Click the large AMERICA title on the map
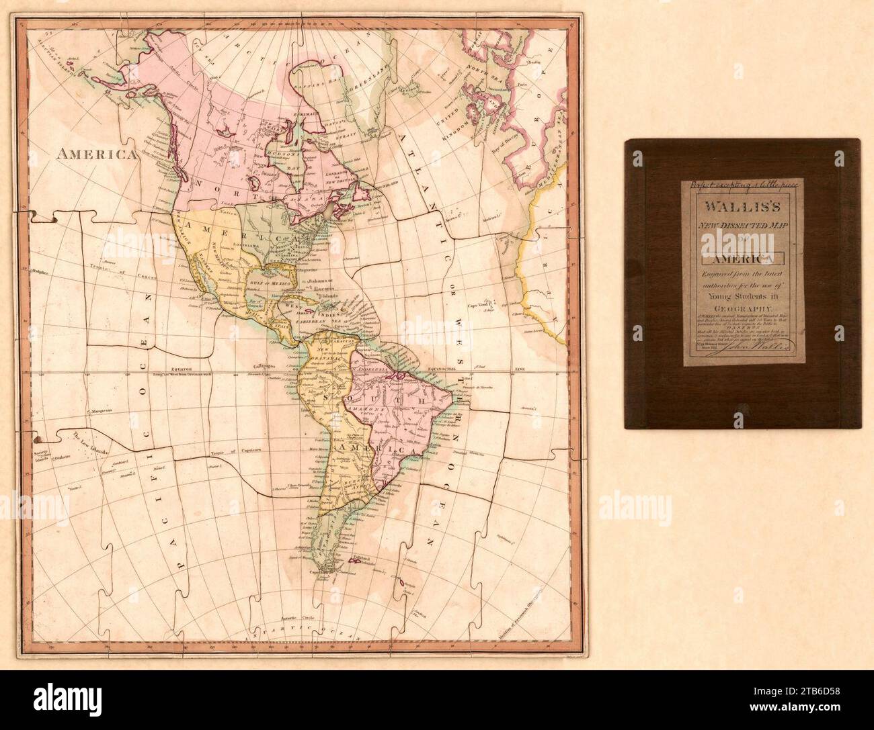pos(97,154)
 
